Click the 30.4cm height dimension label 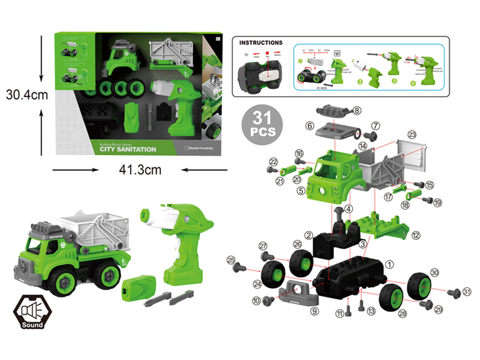26,95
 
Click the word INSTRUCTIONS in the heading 261,43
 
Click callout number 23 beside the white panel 412,134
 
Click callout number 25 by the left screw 230,260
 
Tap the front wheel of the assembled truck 63,280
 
